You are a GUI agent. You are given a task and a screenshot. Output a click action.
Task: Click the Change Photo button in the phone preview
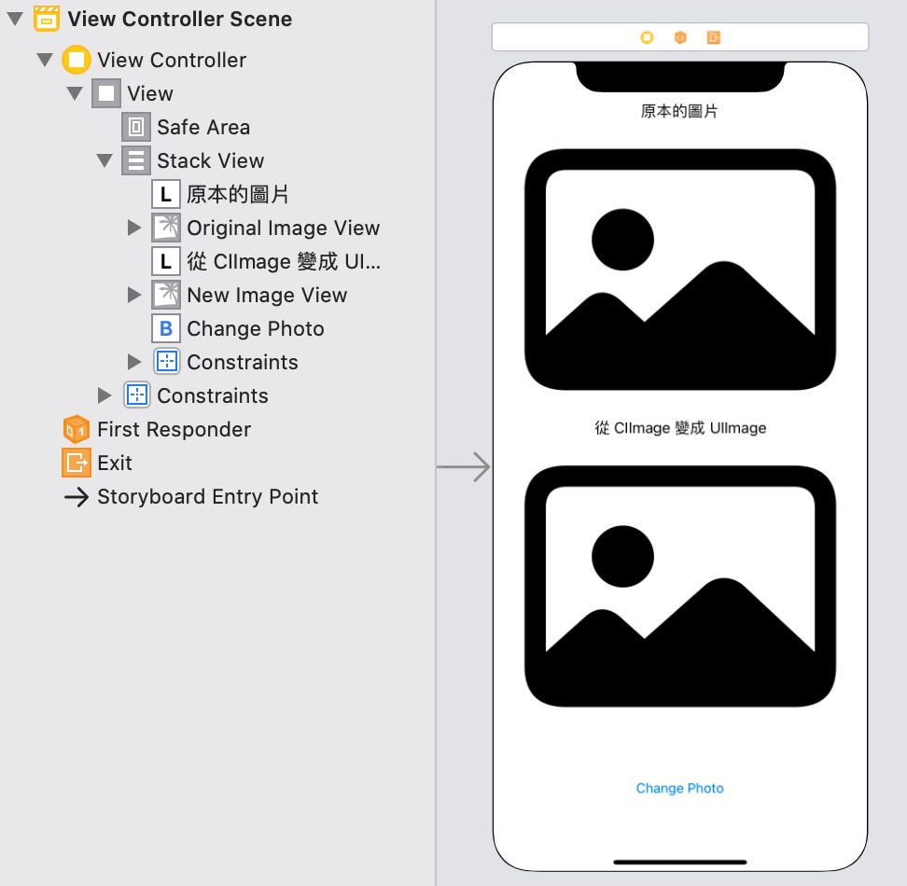(679, 788)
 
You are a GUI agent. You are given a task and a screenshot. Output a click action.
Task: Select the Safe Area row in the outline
(202, 127)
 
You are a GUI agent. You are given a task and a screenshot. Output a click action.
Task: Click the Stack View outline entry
(210, 160)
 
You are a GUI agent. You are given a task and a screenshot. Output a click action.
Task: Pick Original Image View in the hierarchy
(283, 228)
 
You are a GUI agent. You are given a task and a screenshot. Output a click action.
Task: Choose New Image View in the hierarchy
(266, 295)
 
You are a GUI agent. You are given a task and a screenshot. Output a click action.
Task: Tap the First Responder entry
(174, 429)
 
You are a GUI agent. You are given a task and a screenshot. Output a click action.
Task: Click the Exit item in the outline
(115, 463)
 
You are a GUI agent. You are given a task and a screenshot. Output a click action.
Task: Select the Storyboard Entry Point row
(207, 496)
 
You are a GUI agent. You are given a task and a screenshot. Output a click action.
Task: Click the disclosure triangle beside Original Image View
(134, 228)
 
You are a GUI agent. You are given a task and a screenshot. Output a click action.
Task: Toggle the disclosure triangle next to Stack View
(105, 160)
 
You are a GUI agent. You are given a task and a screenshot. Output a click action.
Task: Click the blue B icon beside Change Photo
(166, 328)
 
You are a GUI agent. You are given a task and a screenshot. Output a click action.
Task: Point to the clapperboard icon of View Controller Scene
(47, 19)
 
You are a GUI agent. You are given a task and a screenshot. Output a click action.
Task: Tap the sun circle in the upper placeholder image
(622, 240)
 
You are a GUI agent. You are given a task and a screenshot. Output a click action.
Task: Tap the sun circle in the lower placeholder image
(622, 556)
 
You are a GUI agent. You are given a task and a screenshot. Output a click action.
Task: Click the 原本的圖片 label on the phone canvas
(679, 111)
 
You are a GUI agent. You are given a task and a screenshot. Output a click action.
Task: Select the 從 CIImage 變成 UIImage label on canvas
(679, 428)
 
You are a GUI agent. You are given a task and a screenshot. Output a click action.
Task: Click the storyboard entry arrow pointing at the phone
(464, 466)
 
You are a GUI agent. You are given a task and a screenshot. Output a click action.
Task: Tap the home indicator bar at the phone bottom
(679, 862)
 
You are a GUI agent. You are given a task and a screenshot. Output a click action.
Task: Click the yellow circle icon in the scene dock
(647, 37)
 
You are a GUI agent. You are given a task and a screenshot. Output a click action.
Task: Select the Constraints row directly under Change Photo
(242, 362)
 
